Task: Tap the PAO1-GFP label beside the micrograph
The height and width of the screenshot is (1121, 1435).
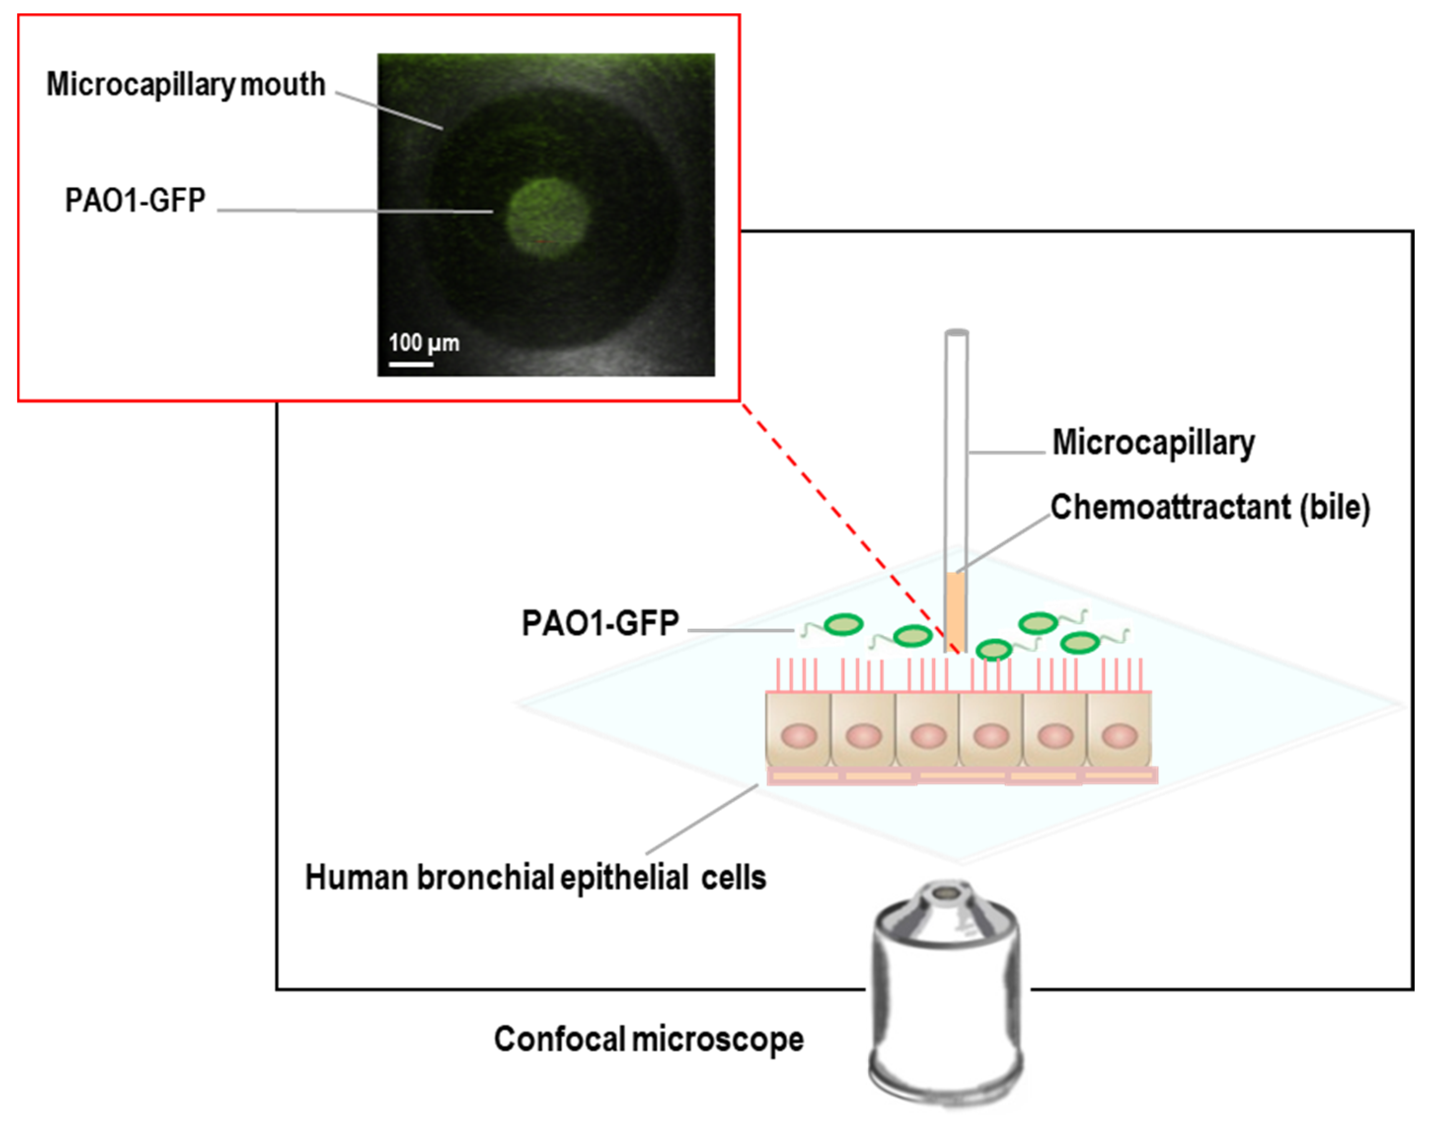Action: coord(135,200)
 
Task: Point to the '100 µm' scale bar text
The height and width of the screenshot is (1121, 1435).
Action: coord(424,342)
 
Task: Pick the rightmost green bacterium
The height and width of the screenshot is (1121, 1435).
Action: coord(1080,642)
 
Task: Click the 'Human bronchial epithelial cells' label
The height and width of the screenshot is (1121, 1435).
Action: coord(535,877)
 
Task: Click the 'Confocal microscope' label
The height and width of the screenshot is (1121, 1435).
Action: coord(648,1040)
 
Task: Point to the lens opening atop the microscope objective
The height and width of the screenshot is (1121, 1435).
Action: coord(946,894)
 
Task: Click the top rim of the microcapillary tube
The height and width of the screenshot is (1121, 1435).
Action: coord(956,333)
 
